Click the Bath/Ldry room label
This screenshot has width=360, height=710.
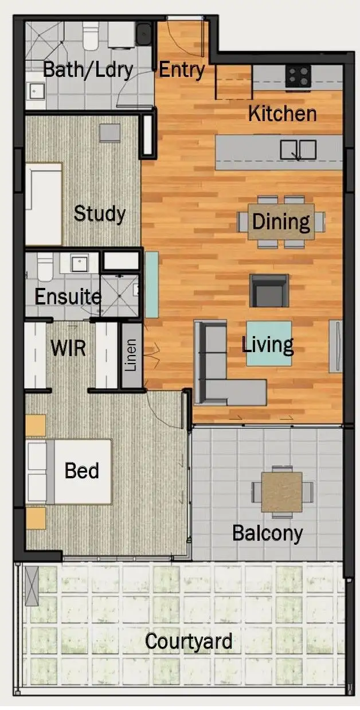88,70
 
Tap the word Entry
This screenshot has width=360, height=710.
181,70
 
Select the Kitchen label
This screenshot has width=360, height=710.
282,114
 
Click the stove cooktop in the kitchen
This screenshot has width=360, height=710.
298,76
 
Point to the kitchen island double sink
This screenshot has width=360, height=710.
298,150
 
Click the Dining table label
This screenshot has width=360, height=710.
281,221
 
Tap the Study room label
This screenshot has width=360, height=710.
100,214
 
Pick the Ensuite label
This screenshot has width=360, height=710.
68,297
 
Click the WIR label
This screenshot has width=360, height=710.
68,348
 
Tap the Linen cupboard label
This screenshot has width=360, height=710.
131,356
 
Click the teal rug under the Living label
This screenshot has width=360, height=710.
269,356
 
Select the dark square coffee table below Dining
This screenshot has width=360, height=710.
269,291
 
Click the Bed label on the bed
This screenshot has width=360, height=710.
81,471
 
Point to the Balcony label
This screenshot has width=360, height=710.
267,533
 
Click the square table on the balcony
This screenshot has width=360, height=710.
281,491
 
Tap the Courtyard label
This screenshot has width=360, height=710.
188,641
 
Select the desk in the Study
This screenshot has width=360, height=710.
44,204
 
